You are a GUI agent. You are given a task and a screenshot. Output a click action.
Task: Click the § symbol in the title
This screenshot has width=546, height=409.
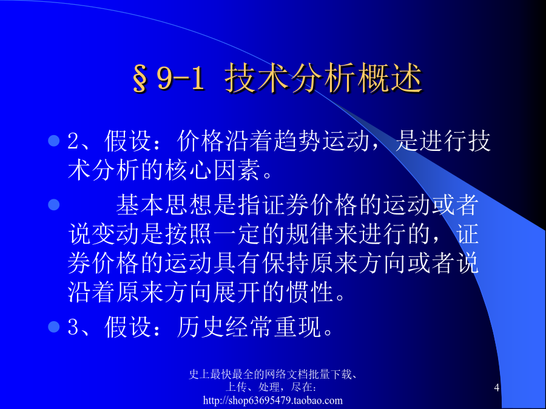(140, 79)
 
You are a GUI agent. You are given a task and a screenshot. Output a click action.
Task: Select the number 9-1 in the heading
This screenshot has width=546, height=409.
(180, 78)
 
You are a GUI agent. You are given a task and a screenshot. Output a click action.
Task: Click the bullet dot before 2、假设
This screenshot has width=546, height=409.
(54, 141)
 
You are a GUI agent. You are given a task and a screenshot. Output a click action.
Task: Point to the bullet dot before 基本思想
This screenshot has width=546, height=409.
(54, 205)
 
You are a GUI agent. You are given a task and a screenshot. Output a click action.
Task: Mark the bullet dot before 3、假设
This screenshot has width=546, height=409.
(54, 327)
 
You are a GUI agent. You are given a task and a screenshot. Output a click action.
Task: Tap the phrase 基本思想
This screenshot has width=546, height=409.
(164, 205)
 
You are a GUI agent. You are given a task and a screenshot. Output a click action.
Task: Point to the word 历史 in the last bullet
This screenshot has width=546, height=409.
(200, 327)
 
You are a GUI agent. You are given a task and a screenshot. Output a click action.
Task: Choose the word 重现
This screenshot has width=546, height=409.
(297, 327)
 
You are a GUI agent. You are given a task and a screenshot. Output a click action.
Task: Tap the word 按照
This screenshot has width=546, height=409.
(188, 234)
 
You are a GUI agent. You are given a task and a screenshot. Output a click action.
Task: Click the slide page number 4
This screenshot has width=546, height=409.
(497, 387)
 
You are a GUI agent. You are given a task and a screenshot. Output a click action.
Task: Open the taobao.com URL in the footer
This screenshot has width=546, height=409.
(272, 401)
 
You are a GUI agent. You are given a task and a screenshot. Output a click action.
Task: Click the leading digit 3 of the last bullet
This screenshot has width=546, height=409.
(73, 327)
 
